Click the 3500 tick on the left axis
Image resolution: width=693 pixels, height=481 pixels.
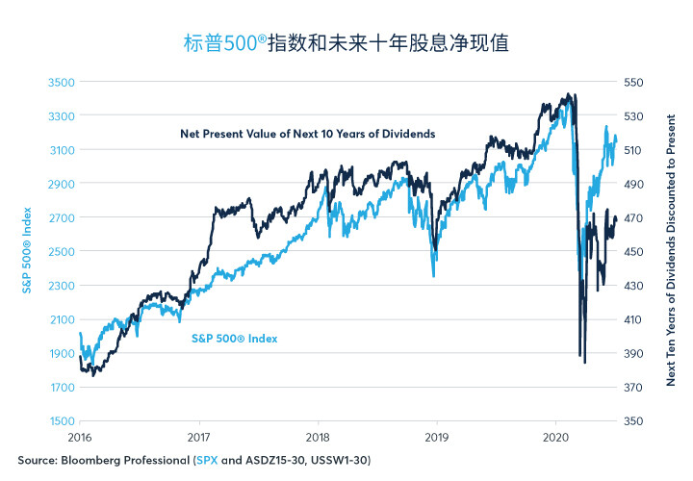62,82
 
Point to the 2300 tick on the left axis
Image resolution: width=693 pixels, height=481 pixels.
62,286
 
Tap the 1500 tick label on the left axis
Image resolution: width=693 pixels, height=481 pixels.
62,421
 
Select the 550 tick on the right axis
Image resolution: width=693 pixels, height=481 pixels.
633,82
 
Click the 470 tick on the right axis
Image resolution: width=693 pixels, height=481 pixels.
633,217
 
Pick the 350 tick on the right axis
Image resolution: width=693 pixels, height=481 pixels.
633,421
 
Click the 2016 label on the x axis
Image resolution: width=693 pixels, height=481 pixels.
80,438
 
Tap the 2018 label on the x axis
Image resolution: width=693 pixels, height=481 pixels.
318,438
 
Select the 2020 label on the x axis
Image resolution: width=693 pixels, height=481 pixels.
555,438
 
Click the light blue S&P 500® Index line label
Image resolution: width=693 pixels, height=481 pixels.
234,339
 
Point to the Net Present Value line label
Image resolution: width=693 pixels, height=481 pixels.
308,134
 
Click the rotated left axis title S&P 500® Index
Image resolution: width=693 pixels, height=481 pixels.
27,250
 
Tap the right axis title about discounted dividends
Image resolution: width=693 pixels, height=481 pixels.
671,250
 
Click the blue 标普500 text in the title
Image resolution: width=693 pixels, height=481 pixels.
220,43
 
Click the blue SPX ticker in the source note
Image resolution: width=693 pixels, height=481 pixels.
207,460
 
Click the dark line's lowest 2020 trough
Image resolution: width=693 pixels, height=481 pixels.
585,362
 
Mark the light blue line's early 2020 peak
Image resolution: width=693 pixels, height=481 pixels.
569,103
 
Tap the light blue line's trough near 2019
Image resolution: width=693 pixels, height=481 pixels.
433,276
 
